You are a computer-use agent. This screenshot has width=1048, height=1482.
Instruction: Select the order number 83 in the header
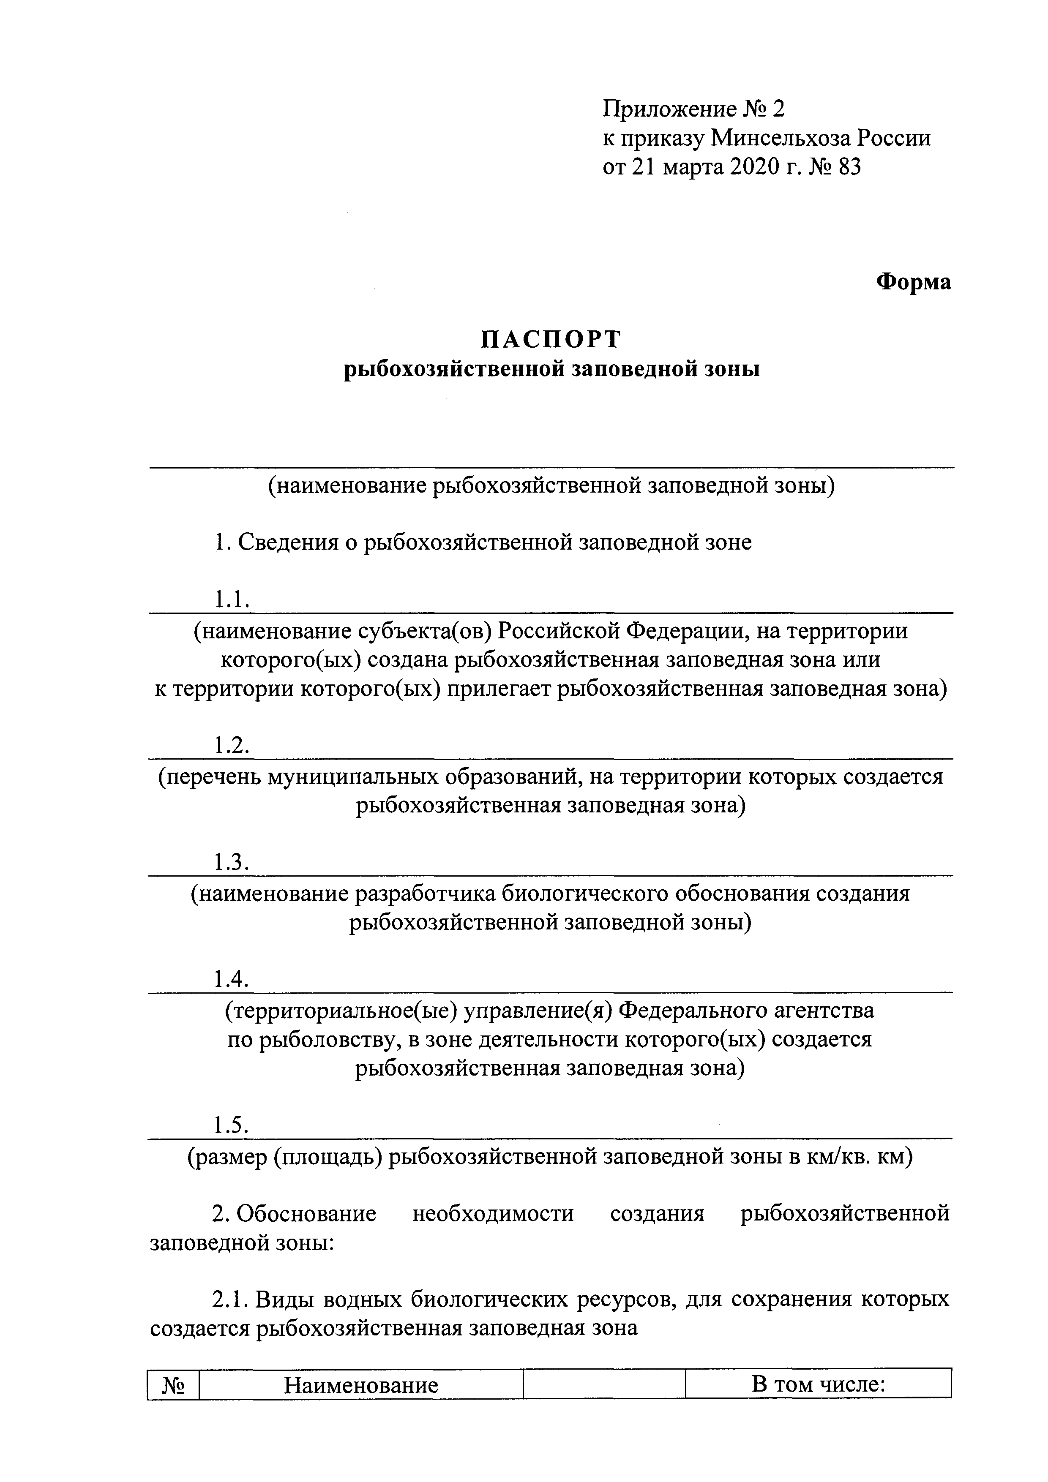coord(849,167)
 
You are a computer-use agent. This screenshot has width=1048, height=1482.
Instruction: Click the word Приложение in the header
coord(669,109)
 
